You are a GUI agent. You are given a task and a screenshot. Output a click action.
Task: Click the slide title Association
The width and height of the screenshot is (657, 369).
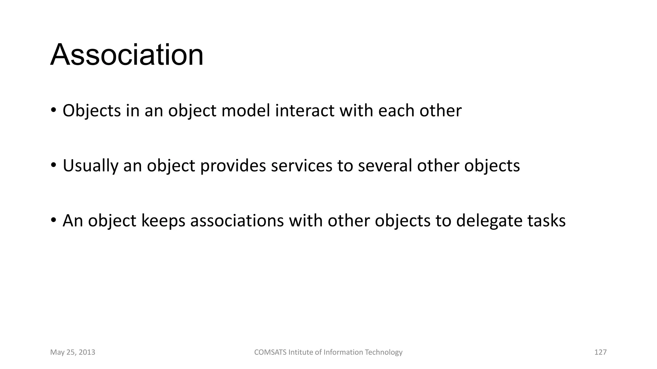pyautogui.click(x=127, y=55)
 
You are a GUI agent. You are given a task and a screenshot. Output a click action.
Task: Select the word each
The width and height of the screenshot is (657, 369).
pyautogui.click(x=396, y=111)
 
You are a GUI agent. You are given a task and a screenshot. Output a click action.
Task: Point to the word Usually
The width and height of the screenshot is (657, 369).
pyautogui.click(x=90, y=166)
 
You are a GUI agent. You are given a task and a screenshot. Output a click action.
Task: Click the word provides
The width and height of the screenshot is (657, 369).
pyautogui.click(x=233, y=166)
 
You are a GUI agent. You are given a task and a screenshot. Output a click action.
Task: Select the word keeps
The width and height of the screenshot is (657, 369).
pyautogui.click(x=163, y=221)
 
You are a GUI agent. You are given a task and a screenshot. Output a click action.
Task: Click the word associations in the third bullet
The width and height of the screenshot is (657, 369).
pyautogui.click(x=237, y=221)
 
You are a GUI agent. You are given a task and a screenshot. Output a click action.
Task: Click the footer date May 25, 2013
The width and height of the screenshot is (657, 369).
pyautogui.click(x=73, y=352)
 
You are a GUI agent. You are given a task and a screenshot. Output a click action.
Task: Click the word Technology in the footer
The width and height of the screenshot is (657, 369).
pyautogui.click(x=384, y=352)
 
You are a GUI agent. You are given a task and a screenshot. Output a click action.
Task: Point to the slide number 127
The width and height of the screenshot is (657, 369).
pyautogui.click(x=601, y=352)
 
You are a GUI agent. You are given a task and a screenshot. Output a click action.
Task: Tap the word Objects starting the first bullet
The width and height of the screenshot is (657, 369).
pyautogui.click(x=91, y=111)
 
